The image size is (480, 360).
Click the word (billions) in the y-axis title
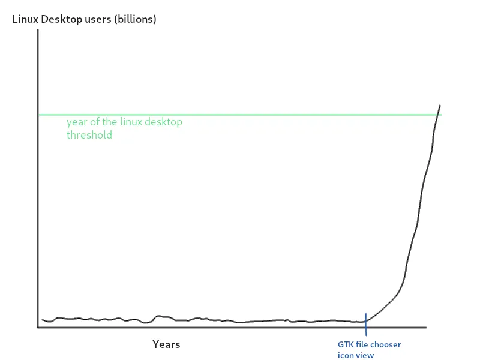coord(134,19)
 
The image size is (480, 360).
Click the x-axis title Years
coord(166,344)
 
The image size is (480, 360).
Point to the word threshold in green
coord(89,135)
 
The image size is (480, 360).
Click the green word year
coord(76,122)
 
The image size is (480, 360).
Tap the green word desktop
coord(163,122)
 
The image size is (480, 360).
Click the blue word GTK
coord(346,344)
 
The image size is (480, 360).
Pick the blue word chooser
coord(386,344)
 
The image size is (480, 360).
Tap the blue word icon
coord(345,355)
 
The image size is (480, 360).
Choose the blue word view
coord(365,355)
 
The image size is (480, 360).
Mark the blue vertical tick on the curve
coord(365,321)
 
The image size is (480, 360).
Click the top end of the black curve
coord(440,106)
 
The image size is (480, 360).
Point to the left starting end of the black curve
coord(42,320)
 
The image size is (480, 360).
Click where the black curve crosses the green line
coord(437,115)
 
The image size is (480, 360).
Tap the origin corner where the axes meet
coord(38,328)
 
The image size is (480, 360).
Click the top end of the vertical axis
coord(38,30)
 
